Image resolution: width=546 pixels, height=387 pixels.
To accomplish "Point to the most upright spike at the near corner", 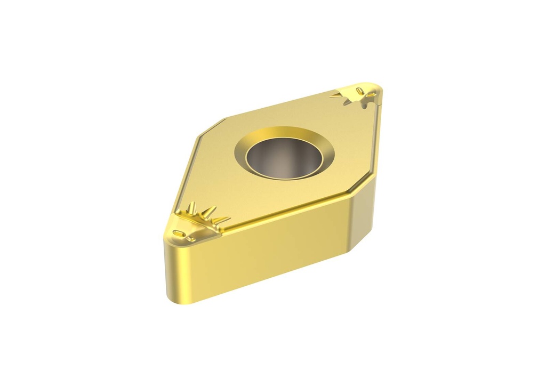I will [193, 207].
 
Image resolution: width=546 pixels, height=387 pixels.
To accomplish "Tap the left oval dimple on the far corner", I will [359, 91].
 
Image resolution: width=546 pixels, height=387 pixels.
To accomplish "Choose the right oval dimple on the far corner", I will [371, 94].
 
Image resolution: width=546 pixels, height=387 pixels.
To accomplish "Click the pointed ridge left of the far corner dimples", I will [337, 95].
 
